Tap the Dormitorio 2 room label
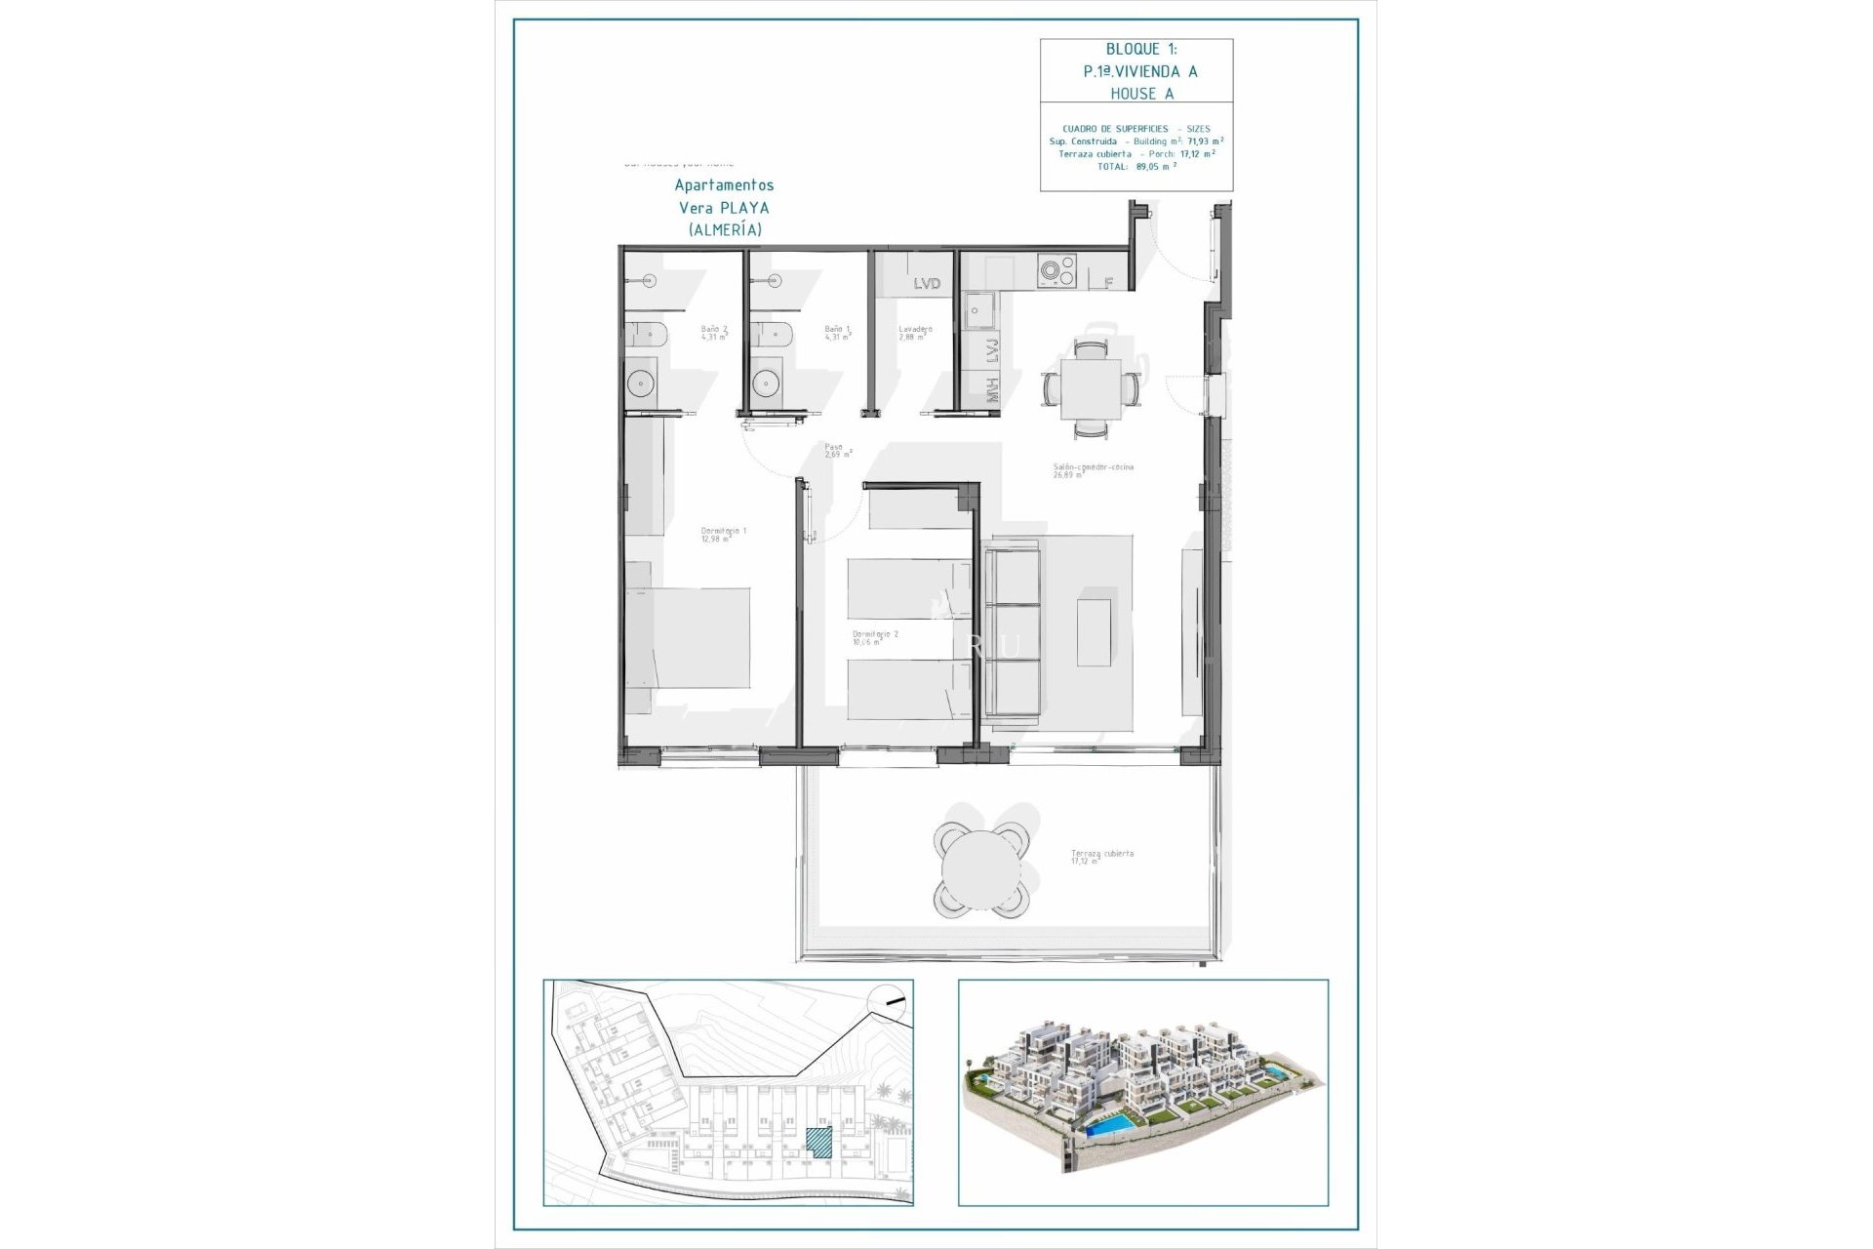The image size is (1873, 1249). point(874,637)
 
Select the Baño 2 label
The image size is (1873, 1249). point(713,333)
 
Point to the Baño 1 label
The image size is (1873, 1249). point(837,333)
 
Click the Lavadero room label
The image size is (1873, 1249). point(914,333)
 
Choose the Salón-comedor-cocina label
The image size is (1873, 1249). point(1093,470)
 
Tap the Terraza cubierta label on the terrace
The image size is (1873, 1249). point(1101,857)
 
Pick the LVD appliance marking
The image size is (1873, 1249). point(927,284)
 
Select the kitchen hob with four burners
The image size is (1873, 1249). point(1056,270)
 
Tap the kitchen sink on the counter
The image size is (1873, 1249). point(978,311)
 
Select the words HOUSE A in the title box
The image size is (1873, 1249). point(1141,94)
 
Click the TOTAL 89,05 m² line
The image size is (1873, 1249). point(1136,167)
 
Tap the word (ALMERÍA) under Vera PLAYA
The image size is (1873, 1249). point(724,230)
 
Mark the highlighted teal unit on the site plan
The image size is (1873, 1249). point(819,1143)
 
